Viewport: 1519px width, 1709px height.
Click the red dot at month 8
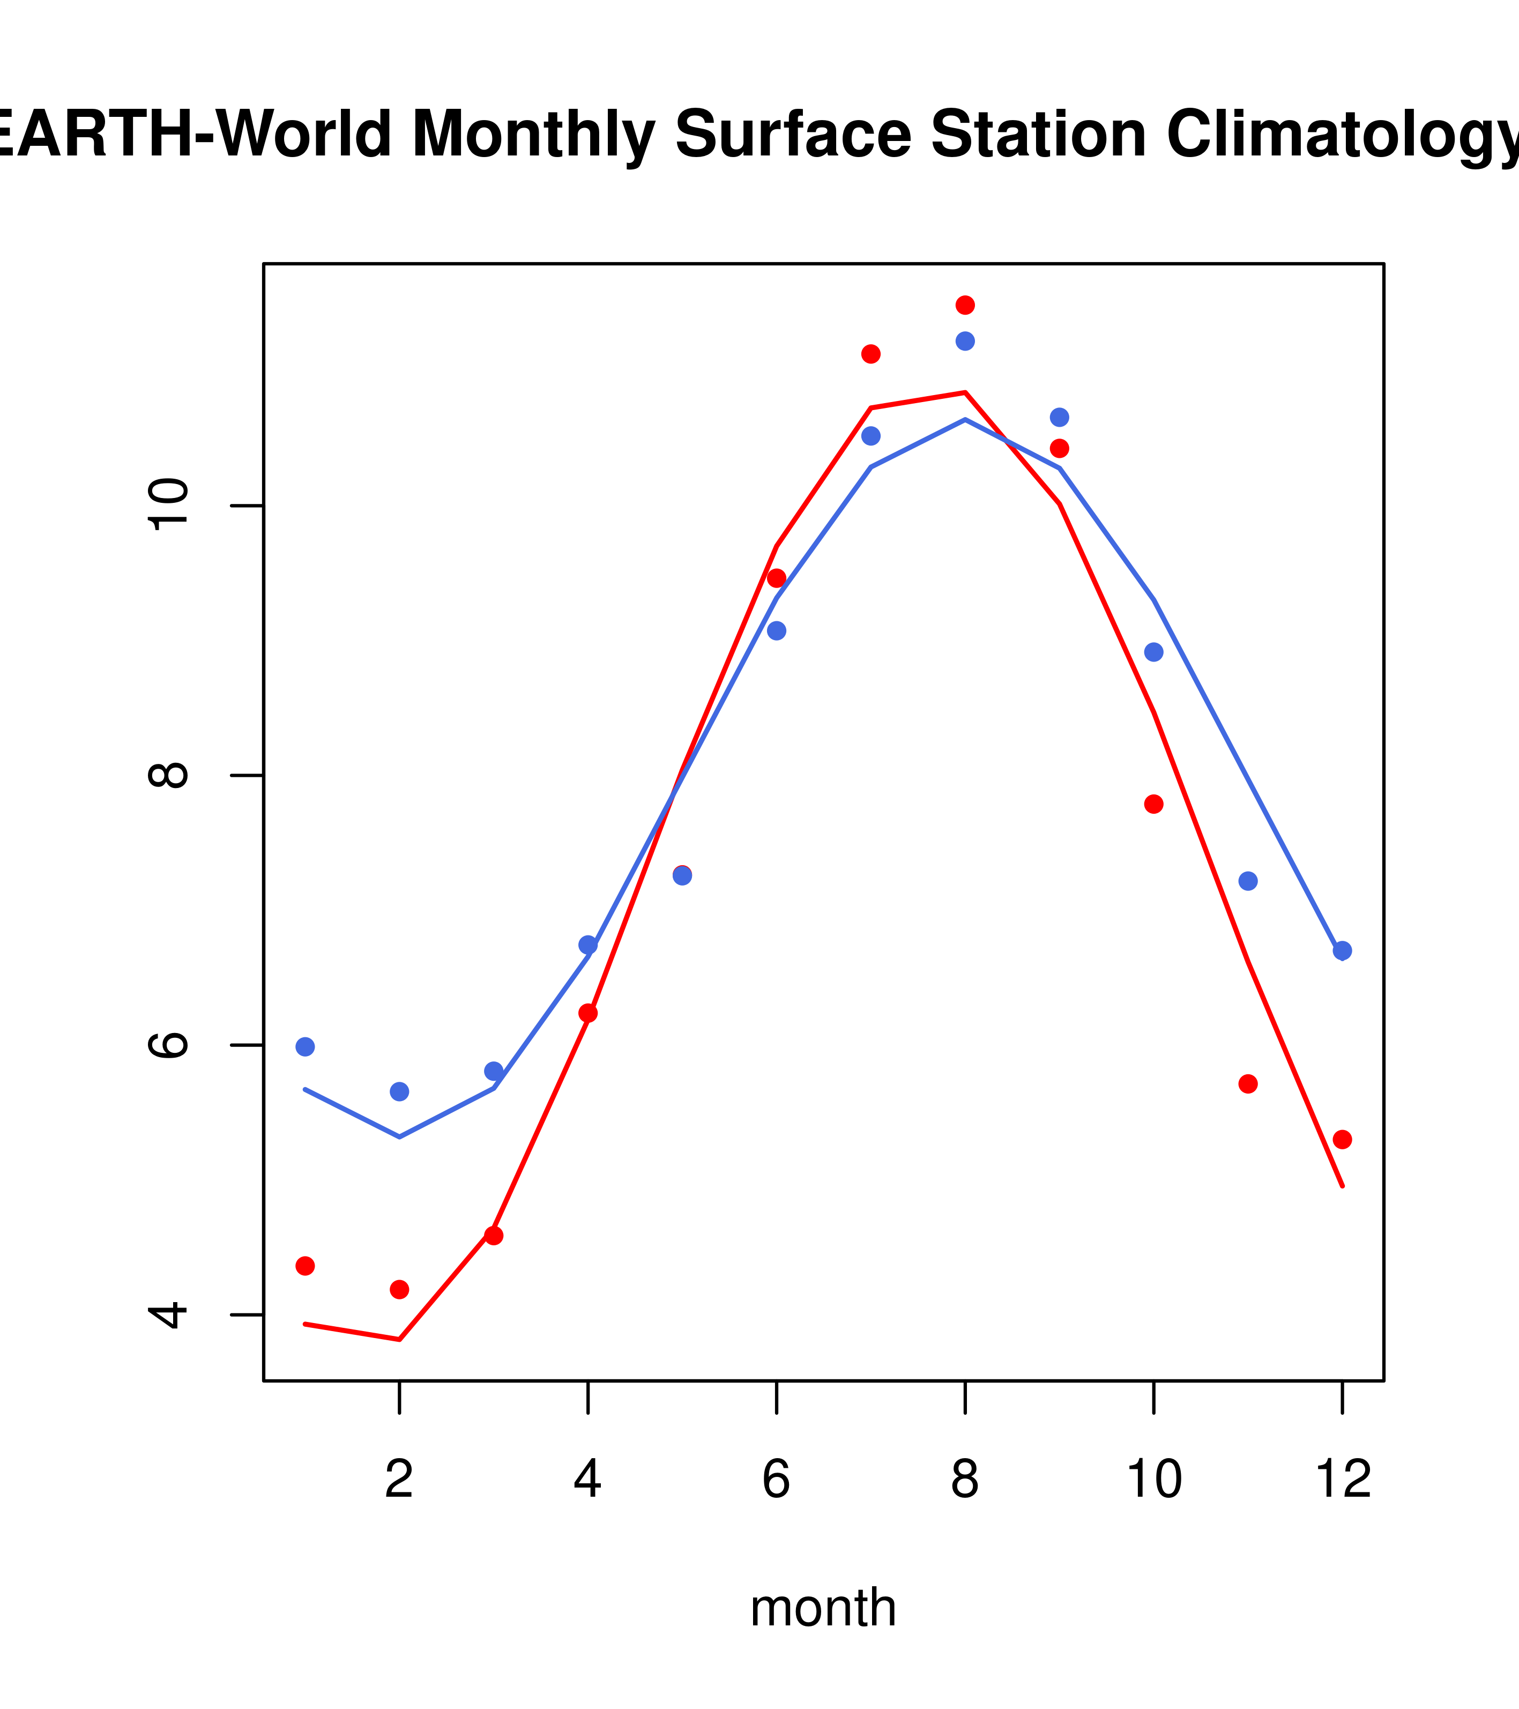point(965,305)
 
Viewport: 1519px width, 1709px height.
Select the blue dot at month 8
point(965,341)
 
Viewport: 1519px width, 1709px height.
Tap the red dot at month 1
point(305,1266)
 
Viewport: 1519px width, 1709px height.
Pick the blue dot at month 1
point(305,1047)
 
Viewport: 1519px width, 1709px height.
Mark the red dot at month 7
point(870,354)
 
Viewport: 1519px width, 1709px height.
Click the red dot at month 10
point(1153,804)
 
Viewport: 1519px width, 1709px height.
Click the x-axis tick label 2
point(400,1479)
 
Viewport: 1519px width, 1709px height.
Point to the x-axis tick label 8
point(965,1479)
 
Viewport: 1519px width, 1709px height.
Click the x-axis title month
point(823,1608)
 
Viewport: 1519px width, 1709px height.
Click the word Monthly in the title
point(533,135)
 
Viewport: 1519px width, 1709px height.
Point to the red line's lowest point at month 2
point(400,1340)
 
